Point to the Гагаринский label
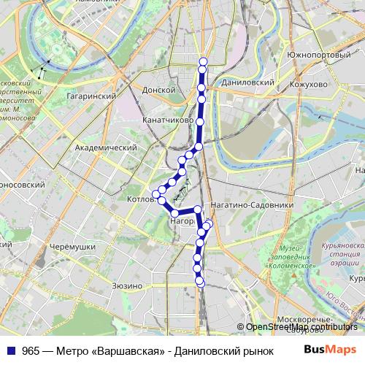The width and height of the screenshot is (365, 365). [x=93, y=96]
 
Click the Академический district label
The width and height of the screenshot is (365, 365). [x=107, y=147]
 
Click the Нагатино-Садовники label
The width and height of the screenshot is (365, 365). [x=251, y=205]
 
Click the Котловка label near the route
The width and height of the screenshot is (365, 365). [x=139, y=198]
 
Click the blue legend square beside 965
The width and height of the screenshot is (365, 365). [x=11, y=350]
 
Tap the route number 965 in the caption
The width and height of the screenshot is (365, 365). [x=31, y=350]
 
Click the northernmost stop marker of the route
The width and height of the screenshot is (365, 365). [x=203, y=61]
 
